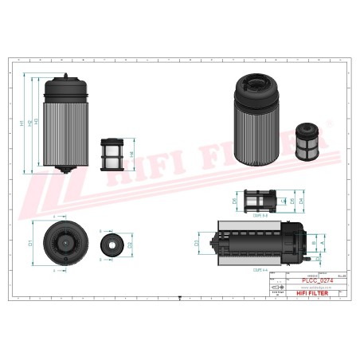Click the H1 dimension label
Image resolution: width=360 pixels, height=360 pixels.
click(22, 123)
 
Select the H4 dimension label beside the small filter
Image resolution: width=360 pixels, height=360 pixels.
click(131, 148)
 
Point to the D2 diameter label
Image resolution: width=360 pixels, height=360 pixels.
click(129, 244)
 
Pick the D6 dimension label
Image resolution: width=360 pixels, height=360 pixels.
click(235, 201)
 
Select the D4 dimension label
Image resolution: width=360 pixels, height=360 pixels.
click(302, 201)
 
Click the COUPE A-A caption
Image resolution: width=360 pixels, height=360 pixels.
click(259, 268)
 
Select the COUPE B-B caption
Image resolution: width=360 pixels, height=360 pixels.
click(259, 215)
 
